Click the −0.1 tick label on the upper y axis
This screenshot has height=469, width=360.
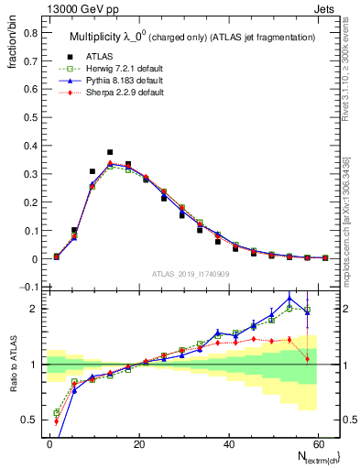[x=27, y=288]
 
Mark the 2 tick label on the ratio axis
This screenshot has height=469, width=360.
[x=35, y=309]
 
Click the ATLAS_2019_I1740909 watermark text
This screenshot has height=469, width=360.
[x=190, y=275]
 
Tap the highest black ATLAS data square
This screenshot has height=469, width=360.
[x=110, y=152]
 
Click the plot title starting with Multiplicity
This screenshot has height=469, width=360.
[x=187, y=36]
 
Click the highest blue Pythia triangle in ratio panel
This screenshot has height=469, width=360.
[x=289, y=298]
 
